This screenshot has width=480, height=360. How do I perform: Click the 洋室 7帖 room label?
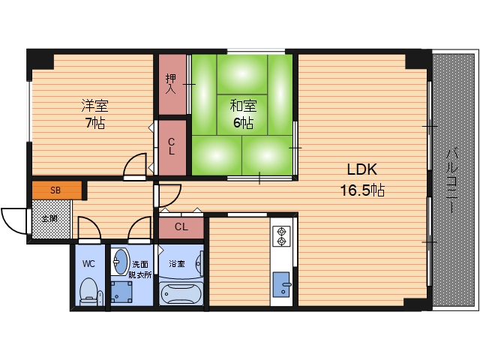coord(94,114)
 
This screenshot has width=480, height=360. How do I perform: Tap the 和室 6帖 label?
coord(243,114)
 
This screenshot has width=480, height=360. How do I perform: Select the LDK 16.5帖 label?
coord(362,180)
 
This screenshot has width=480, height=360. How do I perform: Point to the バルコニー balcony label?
coord(451,180)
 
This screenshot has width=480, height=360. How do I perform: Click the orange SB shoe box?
coord(57,190)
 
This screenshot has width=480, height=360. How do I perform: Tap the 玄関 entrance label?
coord(49,219)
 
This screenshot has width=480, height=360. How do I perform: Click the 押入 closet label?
coord(171,83)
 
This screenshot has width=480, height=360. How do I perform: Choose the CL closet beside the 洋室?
coord(172,148)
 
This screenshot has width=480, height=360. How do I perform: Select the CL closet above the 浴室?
coord(181,226)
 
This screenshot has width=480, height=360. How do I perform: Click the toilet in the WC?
coord(89,292)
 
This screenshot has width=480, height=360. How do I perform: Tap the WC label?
coord(88,263)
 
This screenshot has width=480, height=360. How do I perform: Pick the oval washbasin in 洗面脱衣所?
coord(120,262)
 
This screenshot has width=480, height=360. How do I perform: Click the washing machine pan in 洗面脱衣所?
coord(121,292)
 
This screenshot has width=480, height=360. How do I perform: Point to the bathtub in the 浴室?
coord(181,294)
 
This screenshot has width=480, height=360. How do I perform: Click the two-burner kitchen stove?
coord(281,236)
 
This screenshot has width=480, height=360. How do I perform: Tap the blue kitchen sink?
coord(281,284)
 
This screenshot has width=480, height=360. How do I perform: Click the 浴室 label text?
coord(177,263)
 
